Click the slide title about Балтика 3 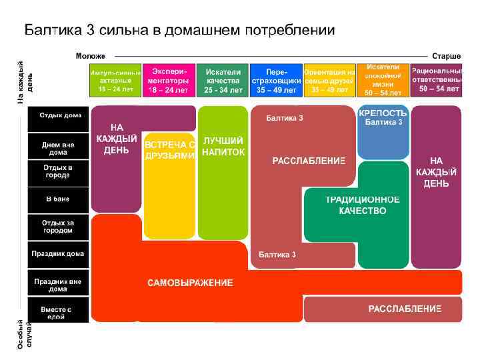pos(179,31)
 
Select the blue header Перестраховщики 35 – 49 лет pos(276,81)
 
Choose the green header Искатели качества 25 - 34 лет pos(223,81)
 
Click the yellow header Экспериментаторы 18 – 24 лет pos(169,81)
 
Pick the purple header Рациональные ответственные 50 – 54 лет pos(437,79)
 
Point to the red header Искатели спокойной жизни pos(383,80)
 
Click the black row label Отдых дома pos(58,116)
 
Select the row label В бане pos(58,199)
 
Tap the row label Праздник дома pos(58,253)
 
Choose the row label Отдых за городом pos(58,226)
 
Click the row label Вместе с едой pos(58,313)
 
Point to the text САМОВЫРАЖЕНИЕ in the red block pos(190,283)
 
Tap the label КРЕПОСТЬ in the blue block pos(383,113)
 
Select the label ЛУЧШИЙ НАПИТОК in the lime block pos(223,147)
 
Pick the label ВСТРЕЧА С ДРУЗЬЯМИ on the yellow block pos(169,150)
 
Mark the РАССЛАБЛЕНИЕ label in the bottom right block pos(405,309)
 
